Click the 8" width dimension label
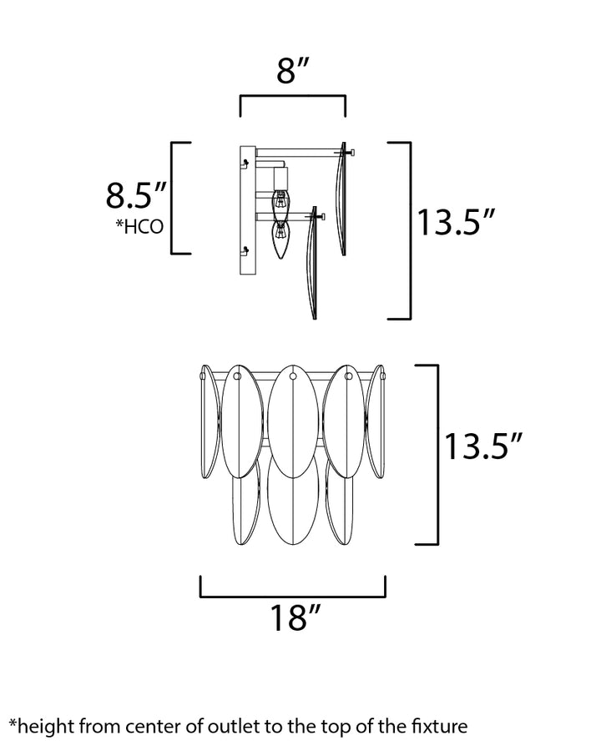292,71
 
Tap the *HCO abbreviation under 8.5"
139,226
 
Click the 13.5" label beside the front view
482,446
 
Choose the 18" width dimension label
295,617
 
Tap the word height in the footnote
47,728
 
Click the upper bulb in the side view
280,204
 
